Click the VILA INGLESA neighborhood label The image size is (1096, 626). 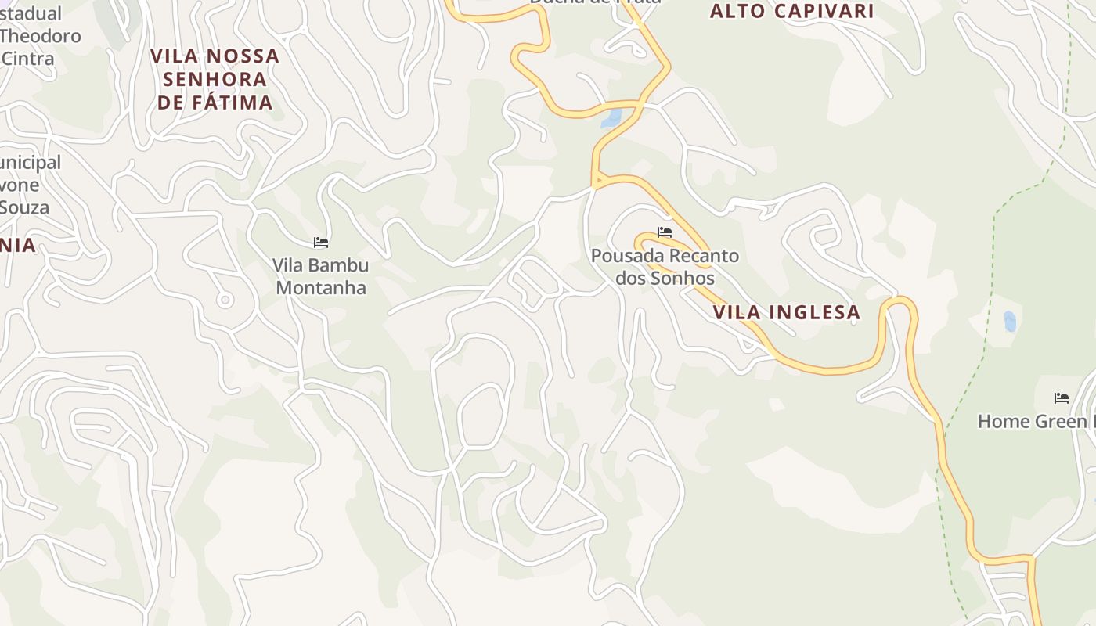786,313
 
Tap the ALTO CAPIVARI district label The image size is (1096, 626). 791,11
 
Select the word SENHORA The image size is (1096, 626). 215,79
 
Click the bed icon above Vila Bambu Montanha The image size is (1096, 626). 321,243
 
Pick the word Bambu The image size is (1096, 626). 338,264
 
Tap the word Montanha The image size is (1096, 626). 321,287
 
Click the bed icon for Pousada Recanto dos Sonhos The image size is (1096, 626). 665,232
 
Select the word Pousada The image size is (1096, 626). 624,256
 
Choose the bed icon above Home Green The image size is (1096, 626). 1062,398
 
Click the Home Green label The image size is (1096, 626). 1033,421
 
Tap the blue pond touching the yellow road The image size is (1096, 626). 611,119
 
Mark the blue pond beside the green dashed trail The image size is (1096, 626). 1010,321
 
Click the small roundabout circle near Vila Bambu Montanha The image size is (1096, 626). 225,300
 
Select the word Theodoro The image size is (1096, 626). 41,36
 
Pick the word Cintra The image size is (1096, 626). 28,59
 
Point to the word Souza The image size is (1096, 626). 24,207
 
